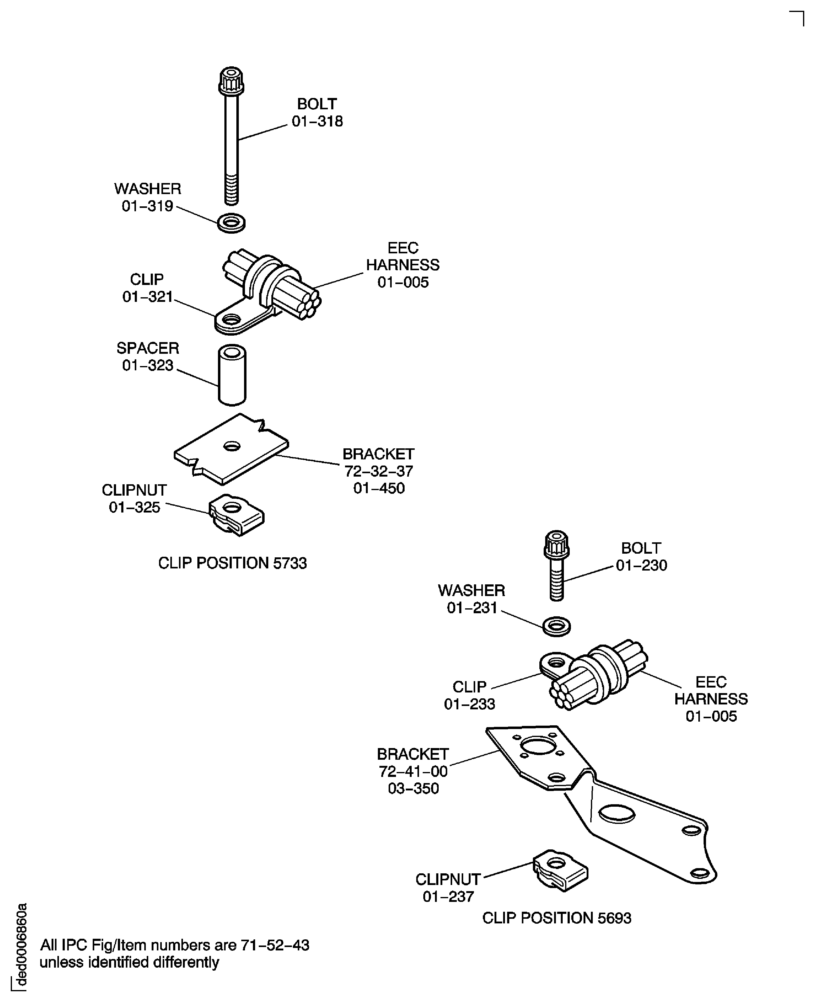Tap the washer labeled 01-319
pyautogui.click(x=231, y=223)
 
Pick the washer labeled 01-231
pyautogui.click(x=556, y=626)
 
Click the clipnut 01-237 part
pyautogui.click(x=561, y=870)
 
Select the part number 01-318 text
pyautogui.click(x=317, y=121)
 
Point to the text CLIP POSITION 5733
pyautogui.click(x=232, y=563)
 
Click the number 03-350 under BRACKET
pyautogui.click(x=413, y=788)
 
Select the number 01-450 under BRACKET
pyautogui.click(x=379, y=488)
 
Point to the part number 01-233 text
pyautogui.click(x=469, y=704)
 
